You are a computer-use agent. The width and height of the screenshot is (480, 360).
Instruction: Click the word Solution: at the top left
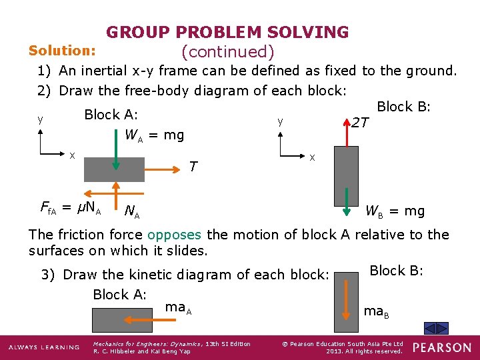point(62,51)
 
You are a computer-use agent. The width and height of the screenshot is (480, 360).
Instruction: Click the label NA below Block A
point(132,212)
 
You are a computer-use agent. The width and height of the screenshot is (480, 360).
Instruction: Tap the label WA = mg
point(154,135)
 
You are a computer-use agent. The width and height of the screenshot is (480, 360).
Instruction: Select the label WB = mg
point(394,211)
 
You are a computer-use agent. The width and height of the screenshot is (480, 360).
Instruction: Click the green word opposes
point(175,235)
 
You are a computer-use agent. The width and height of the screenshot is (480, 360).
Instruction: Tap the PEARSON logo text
point(441,347)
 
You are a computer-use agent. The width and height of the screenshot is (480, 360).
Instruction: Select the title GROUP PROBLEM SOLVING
point(227,32)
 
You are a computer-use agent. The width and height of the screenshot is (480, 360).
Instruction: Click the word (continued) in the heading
point(227,51)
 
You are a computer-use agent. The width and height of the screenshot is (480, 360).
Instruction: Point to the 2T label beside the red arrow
point(361,123)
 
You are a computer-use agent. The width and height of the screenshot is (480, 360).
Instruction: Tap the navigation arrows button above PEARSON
point(437,329)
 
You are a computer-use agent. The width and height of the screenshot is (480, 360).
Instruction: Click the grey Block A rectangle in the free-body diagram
point(114,169)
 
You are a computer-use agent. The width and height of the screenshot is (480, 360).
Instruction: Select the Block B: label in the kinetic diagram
point(396,271)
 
